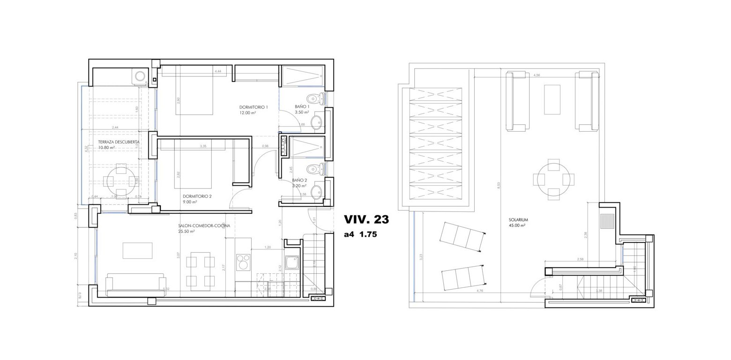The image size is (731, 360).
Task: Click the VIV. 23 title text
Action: click(366, 219)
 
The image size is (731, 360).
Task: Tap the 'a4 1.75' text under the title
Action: click(360, 235)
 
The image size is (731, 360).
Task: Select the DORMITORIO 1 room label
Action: click(254, 107)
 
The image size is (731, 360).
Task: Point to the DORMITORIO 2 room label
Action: click(197, 196)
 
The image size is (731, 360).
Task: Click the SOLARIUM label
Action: click(518, 219)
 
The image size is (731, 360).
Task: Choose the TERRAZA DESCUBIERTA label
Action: click(119, 142)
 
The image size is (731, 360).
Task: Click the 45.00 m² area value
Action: click(517, 225)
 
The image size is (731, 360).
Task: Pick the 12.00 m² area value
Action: click(247, 113)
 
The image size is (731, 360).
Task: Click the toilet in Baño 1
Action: click(316, 99)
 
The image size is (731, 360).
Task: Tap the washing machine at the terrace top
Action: click(140, 75)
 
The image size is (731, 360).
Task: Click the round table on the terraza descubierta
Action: click(121, 181)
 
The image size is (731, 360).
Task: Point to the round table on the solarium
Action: click(553, 179)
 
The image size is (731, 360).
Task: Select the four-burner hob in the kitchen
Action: click(243, 262)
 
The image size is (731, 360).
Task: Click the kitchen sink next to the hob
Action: click(291, 262)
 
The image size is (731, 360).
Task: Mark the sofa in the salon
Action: click(136, 285)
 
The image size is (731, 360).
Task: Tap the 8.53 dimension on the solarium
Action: click(499, 185)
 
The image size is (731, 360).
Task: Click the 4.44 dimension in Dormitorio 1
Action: click(217, 71)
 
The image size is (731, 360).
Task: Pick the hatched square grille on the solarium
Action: click(607, 221)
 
